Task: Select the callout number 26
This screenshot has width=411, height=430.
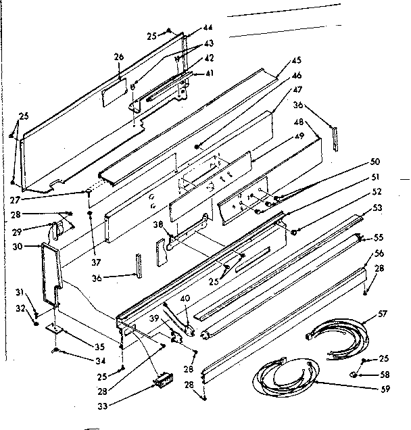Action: coord(119,57)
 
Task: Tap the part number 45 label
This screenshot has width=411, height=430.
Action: coord(295,61)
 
